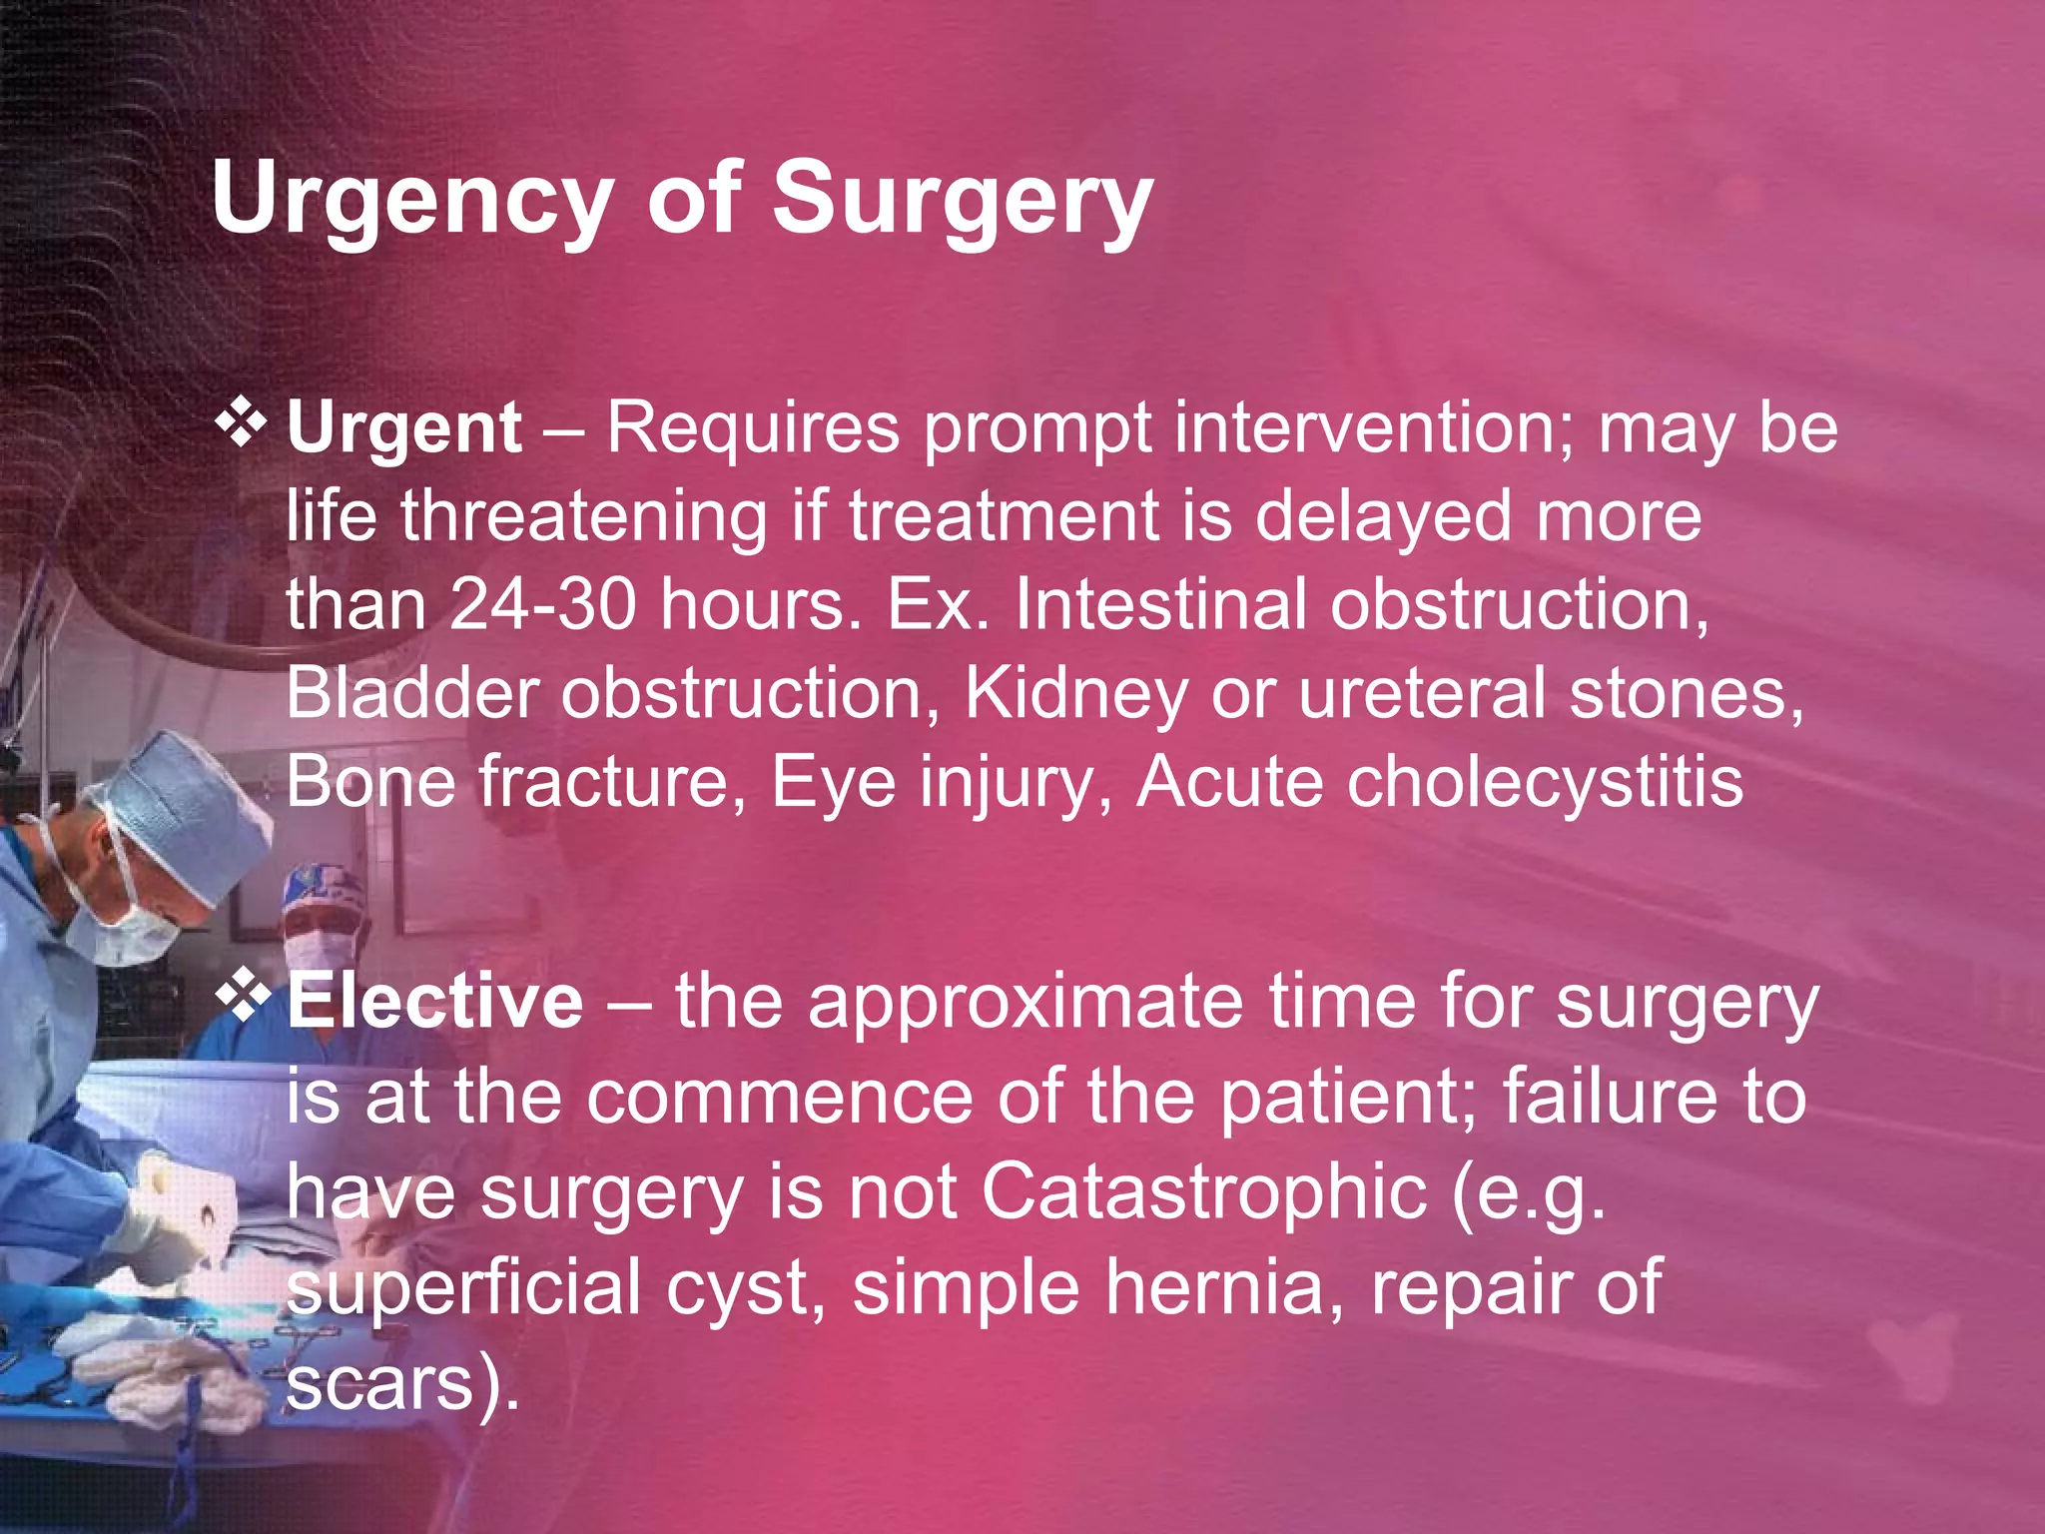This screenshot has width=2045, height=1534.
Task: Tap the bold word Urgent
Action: tap(403, 428)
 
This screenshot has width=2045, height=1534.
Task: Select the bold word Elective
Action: tap(434, 1002)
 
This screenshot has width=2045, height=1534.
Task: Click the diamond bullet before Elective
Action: tap(243, 997)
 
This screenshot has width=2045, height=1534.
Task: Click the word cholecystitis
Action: tap(1544, 782)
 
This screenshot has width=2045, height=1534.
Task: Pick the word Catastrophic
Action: tap(1203, 1191)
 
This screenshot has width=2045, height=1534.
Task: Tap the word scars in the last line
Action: tap(379, 1383)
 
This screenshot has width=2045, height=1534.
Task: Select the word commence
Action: tap(779, 1097)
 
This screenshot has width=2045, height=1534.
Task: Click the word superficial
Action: tap(464, 1287)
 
